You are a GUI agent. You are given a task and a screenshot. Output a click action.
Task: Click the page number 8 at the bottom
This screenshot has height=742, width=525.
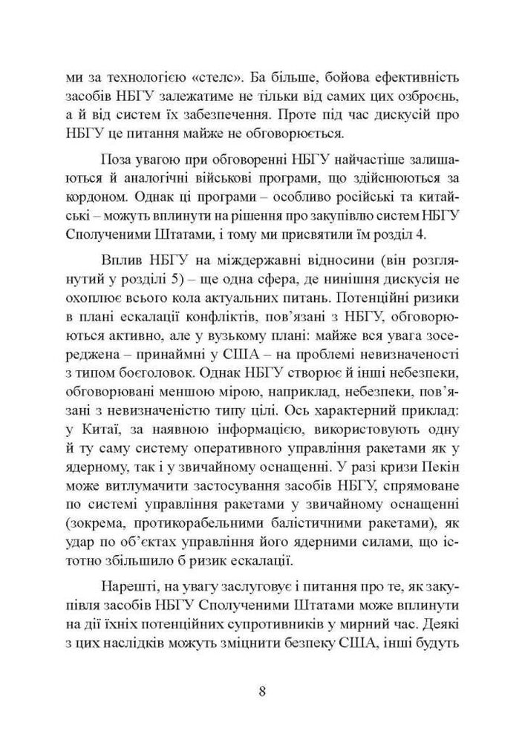262,693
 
